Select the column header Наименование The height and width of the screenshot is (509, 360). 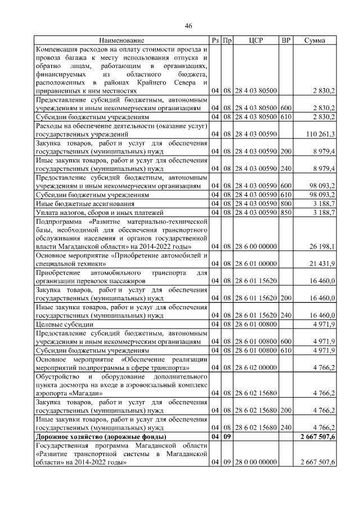coord(121,40)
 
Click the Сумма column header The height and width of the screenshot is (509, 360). coord(317,40)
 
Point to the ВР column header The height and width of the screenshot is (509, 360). coord(286,40)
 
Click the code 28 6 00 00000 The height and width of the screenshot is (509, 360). coord(256,246)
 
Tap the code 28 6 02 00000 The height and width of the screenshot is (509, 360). coord(256,368)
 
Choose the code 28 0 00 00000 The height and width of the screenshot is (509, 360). coord(256,462)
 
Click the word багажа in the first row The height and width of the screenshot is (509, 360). coord(82,57)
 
